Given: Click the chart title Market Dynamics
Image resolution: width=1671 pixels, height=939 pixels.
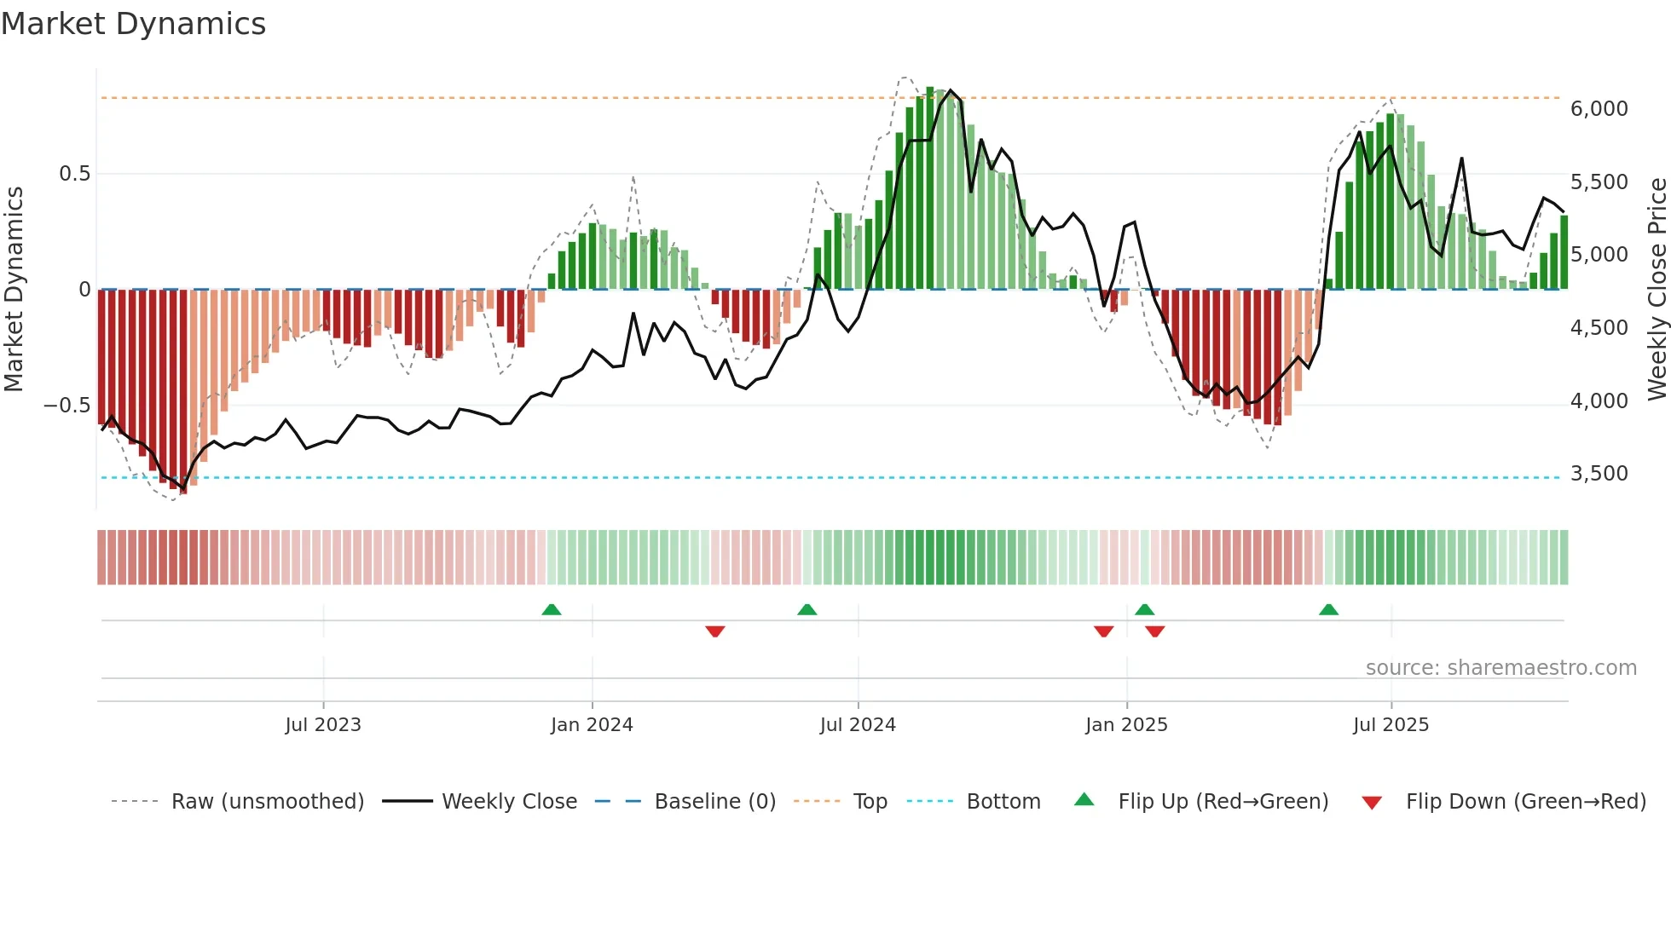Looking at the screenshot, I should tap(134, 24).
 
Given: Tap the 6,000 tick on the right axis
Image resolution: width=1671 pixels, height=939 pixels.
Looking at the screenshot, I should tap(1599, 109).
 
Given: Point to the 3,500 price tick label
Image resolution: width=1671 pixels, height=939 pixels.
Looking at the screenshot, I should tap(1599, 474).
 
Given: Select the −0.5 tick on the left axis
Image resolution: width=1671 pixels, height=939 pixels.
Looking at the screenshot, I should tap(66, 406).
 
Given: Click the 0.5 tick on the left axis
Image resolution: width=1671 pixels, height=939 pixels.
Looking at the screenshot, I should tap(74, 174).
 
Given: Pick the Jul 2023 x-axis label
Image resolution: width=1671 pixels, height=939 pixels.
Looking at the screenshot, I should tap(323, 725).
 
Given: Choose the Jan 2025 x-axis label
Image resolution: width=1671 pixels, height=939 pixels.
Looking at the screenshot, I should tap(1126, 725).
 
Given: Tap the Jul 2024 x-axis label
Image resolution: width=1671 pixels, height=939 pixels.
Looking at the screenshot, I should tap(858, 725).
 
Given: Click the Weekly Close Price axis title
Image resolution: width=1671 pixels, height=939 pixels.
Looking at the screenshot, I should tap(1657, 289).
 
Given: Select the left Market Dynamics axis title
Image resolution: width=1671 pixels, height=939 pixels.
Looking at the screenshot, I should tap(14, 289).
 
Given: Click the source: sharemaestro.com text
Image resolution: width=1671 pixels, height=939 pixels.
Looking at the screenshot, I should tap(1500, 668).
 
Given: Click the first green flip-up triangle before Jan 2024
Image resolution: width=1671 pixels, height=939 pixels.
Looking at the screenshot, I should tap(552, 610).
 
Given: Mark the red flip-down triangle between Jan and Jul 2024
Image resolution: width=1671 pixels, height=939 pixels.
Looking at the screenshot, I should tap(715, 631).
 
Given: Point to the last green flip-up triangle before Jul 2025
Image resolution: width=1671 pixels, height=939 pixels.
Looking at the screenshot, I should tap(1328, 610).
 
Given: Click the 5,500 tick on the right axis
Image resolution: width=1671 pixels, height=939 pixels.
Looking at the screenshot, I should tap(1599, 182).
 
